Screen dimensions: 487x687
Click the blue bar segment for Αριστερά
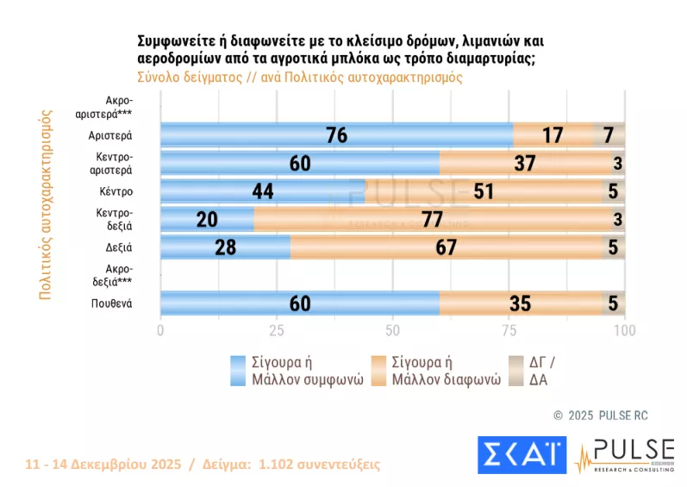pos(336,134)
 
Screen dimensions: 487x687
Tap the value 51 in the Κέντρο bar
pos(484,190)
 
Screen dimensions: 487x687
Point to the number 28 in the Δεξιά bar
pos(226,247)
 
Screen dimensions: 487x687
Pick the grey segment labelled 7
pos(609,134)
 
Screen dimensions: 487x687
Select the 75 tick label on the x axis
pos(509,331)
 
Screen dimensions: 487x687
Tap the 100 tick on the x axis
pos(624,331)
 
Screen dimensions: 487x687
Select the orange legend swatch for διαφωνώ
pos(379,371)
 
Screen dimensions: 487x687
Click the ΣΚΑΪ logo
pos(520,455)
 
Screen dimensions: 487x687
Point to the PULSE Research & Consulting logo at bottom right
pos(625,455)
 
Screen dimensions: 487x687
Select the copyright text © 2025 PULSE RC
pos(600,415)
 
